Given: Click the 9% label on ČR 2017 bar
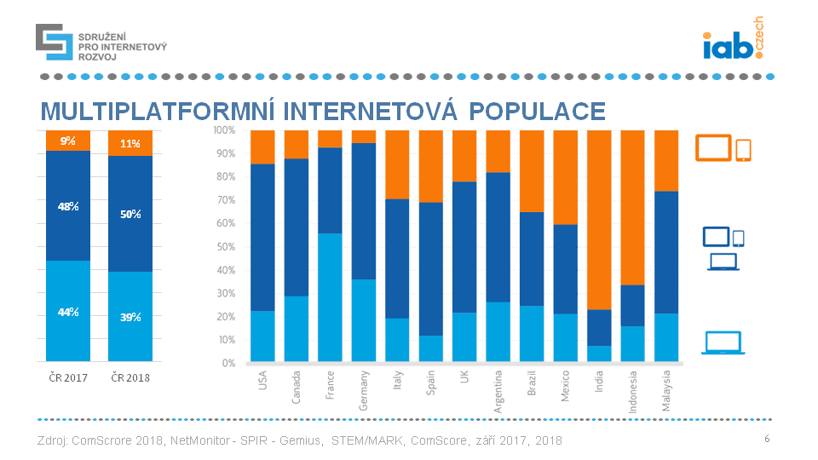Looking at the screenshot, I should tap(68, 141).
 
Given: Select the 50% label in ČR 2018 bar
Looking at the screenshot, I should tap(130, 214).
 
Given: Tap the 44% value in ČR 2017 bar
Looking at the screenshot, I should tap(68, 312).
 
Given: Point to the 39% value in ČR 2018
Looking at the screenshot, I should tap(130, 317).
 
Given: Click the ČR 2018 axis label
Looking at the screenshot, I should tap(130, 377).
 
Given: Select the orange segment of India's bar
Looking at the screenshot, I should tap(600, 219).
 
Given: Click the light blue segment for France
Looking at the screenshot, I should tap(330, 297).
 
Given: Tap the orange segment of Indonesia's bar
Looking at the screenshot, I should tap(632, 207).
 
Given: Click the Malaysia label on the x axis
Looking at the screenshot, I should tap(667, 390).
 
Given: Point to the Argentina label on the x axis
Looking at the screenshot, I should tap(498, 392).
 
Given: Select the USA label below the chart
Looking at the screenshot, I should tap(262, 380).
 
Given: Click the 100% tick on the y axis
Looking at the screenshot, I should tap(224, 130).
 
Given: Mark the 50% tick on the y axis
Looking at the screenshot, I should tap(226, 247).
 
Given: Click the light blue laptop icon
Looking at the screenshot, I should tap(723, 342).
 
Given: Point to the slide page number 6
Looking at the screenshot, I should tap(767, 439).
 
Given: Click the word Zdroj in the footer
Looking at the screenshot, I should tap(53, 440).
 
